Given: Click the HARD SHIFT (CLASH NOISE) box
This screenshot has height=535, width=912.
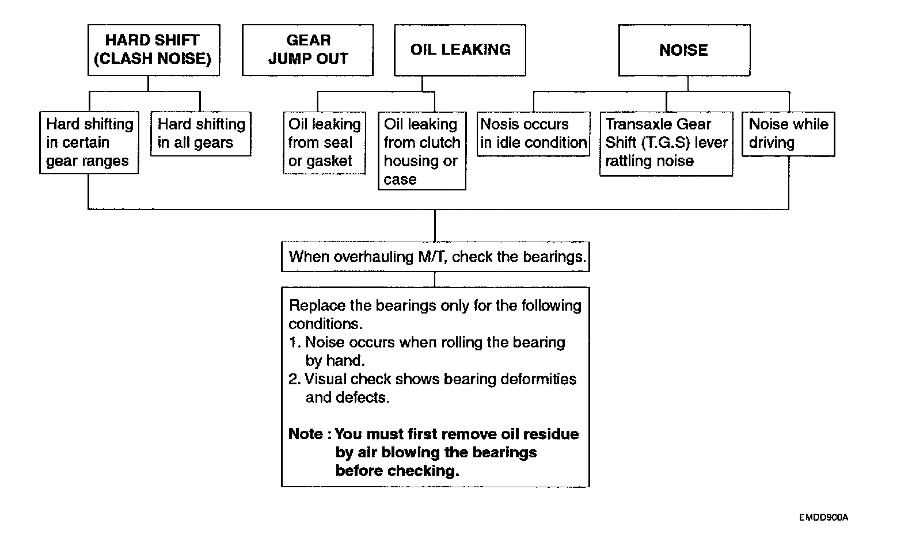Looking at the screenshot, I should (154, 50).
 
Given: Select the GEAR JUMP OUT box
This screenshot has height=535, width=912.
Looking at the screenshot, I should (307, 50).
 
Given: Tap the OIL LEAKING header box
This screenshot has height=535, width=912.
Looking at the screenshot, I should (459, 50).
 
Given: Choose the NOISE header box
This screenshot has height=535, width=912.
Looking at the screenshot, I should (684, 50).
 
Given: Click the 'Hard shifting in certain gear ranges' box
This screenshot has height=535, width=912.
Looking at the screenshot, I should (90, 143).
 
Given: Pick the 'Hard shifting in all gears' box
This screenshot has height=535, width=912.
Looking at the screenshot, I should (201, 134).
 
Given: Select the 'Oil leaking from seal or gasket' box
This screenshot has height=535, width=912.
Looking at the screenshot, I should (325, 143).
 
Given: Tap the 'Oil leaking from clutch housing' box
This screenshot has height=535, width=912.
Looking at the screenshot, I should (422, 151).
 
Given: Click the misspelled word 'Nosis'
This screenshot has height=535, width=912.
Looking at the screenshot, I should (496, 124).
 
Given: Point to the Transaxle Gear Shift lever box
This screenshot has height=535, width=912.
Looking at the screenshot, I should (666, 143).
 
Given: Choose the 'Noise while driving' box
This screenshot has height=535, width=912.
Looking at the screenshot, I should (788, 134).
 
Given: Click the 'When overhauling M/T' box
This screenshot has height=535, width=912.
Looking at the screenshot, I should (435, 257).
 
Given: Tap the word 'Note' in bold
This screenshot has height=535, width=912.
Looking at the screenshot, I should (306, 434).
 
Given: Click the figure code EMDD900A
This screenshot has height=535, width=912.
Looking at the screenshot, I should (823, 517).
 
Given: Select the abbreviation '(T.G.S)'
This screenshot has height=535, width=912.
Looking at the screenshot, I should (665, 143).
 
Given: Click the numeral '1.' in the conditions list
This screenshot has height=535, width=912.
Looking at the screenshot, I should (295, 343).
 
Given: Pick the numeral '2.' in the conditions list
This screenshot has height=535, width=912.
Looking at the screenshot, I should (295, 379).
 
